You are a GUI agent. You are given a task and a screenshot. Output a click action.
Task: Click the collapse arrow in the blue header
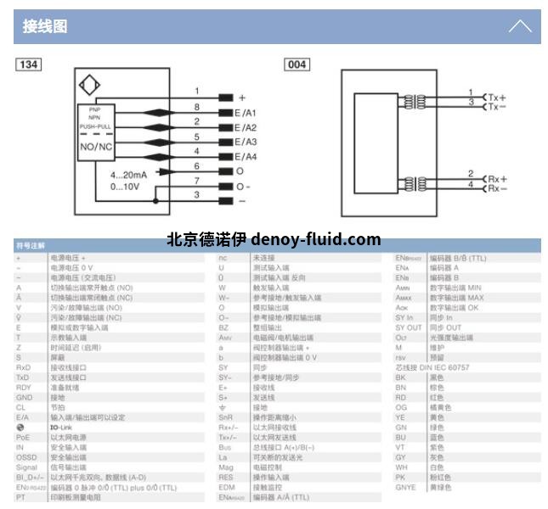pos(519,26)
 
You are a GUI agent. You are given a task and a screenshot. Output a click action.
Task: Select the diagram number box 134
pos(29,64)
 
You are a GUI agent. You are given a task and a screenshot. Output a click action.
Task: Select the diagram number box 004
pos(297,64)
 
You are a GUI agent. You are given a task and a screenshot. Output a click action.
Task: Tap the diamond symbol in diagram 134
pos(90,87)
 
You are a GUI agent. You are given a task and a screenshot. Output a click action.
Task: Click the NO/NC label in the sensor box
pos(96,146)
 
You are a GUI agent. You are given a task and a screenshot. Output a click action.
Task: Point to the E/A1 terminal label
pos(246,113)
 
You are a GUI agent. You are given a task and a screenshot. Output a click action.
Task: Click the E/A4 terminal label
pos(246,157)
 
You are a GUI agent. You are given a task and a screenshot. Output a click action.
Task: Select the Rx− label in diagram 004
pos(497,188)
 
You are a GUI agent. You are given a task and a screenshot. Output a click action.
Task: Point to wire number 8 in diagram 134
pos(196,107)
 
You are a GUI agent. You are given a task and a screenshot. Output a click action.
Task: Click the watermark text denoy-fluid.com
pos(316,239)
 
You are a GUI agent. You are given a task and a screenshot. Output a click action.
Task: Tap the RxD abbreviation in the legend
pos(23,368)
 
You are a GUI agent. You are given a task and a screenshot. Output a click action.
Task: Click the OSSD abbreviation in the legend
pos(26,456)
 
